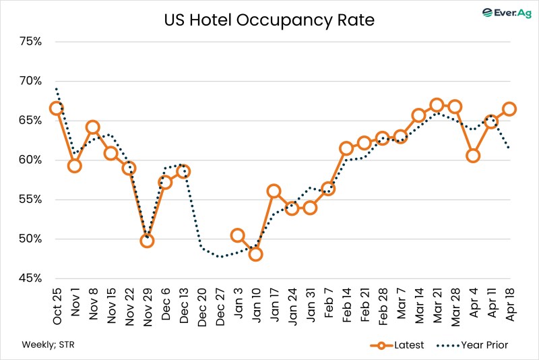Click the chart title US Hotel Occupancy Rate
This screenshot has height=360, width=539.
(269, 20)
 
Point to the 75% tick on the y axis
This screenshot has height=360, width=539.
(30, 41)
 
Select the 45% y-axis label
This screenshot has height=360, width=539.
(30, 278)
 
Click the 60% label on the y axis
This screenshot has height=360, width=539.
(30, 160)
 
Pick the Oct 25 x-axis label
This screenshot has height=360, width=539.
(57, 301)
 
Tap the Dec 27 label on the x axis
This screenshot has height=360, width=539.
(220, 301)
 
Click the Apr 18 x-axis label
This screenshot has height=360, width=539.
(509, 301)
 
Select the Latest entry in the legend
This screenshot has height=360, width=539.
(398, 345)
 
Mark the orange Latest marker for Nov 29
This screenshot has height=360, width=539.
(147, 241)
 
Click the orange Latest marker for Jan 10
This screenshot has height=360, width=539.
(255, 254)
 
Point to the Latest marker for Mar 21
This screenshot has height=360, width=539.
(437, 104)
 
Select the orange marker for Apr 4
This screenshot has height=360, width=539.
(473, 156)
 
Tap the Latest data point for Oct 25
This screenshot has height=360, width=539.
(57, 109)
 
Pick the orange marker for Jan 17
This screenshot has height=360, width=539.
(274, 191)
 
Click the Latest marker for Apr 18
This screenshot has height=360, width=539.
(509, 109)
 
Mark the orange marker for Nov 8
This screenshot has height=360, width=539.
(93, 127)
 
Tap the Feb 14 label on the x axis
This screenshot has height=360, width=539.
(346, 301)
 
